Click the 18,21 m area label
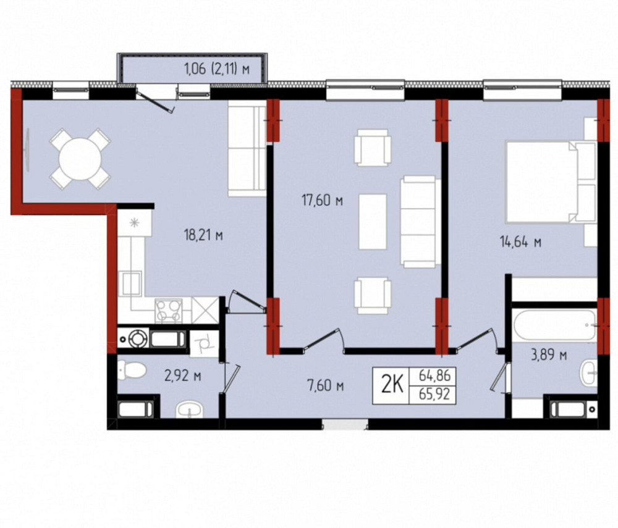coord(203,235)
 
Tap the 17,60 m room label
coord(322,201)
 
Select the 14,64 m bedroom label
coord(520,241)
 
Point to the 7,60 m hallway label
coord(325,386)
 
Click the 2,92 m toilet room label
coord(182,376)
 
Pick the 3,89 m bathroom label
coord(549,355)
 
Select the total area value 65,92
coord(434,395)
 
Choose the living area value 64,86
coord(434,375)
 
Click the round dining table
coord(80,159)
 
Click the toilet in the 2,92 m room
coord(132,371)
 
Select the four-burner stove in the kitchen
coord(168,311)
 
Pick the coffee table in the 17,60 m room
coord(373,222)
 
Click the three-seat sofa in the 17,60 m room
coord(420,222)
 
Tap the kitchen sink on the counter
coord(132,284)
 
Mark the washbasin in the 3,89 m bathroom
coord(589,372)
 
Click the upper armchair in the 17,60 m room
coord(373,148)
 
